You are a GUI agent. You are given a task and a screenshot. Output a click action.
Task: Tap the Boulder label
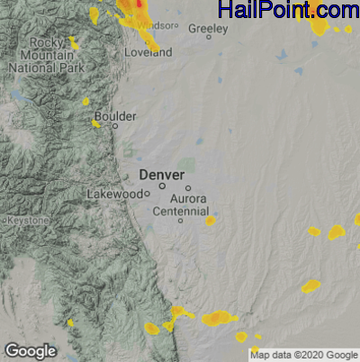click(116, 116)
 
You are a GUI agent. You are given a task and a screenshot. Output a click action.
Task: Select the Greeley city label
click(208, 28)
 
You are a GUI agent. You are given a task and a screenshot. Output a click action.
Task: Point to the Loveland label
click(150, 52)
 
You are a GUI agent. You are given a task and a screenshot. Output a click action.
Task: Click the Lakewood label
click(114, 194)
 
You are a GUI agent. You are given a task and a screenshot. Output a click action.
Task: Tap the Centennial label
click(180, 210)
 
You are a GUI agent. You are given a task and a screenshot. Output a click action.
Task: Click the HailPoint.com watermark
click(288, 11)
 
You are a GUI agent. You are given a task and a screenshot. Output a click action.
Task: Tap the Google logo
click(30, 350)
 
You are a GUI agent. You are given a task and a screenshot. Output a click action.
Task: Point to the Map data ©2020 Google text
click(303, 355)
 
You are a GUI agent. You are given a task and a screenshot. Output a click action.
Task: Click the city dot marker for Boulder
click(114, 126)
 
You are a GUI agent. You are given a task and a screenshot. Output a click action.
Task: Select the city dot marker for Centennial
click(180, 221)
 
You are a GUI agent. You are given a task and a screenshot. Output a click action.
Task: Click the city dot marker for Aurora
click(188, 188)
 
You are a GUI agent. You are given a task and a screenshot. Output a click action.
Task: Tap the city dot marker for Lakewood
click(146, 194)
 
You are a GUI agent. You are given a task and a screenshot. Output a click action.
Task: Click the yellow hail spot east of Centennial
click(210, 220)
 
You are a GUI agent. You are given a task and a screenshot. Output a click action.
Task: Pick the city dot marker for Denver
click(162, 186)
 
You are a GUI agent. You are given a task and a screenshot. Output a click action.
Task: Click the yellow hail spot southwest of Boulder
click(95, 123)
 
